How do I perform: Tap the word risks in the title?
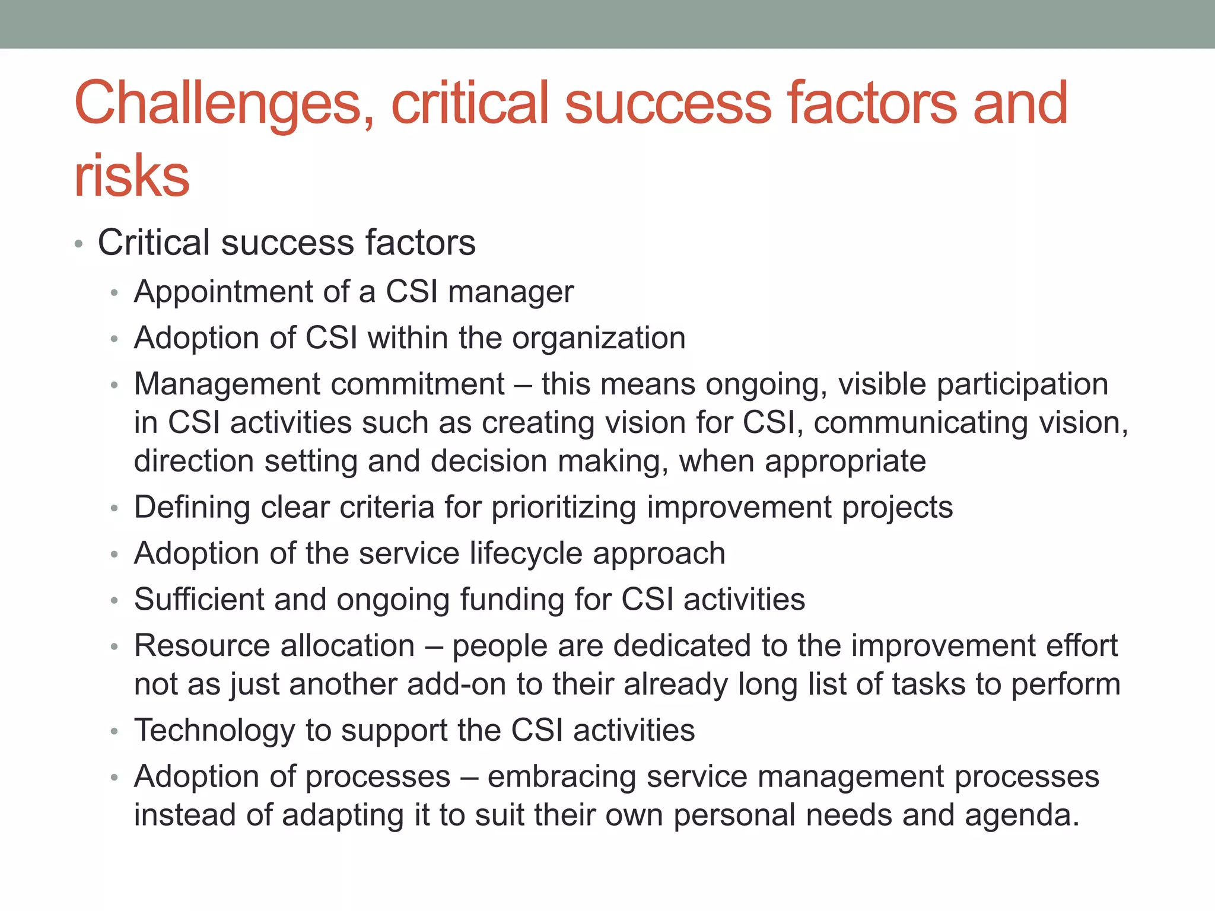[x=132, y=176]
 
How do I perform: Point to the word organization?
[x=599, y=338]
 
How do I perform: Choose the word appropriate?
[x=845, y=461]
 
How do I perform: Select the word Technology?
[x=214, y=730]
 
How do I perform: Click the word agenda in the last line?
[x=1021, y=816]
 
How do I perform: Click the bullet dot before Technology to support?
[x=114, y=732]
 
